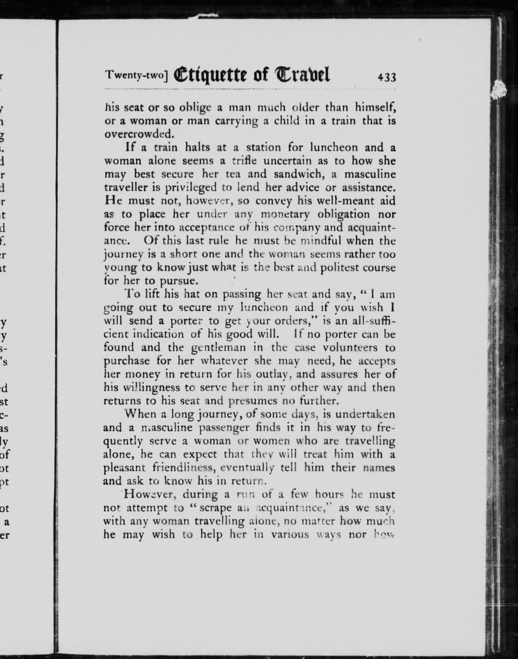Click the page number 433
pos(387,78)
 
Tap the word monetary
pos(285,214)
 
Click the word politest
pos(340,268)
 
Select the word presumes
pos(253,401)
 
